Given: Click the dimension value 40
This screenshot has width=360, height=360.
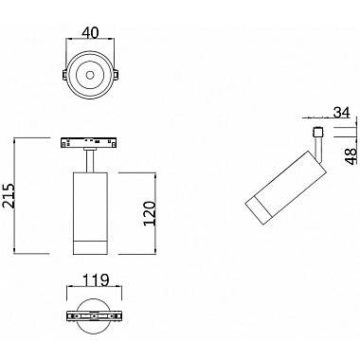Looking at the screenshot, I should [92, 30].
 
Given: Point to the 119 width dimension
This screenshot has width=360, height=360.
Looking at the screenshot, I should [92, 281].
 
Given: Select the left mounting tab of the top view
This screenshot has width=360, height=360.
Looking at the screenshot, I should [64, 72].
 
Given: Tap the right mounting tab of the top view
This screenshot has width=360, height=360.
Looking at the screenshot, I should [118, 72].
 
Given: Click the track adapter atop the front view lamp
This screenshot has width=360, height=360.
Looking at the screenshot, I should [92, 142].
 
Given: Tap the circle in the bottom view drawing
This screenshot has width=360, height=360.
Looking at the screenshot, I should [92, 315].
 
